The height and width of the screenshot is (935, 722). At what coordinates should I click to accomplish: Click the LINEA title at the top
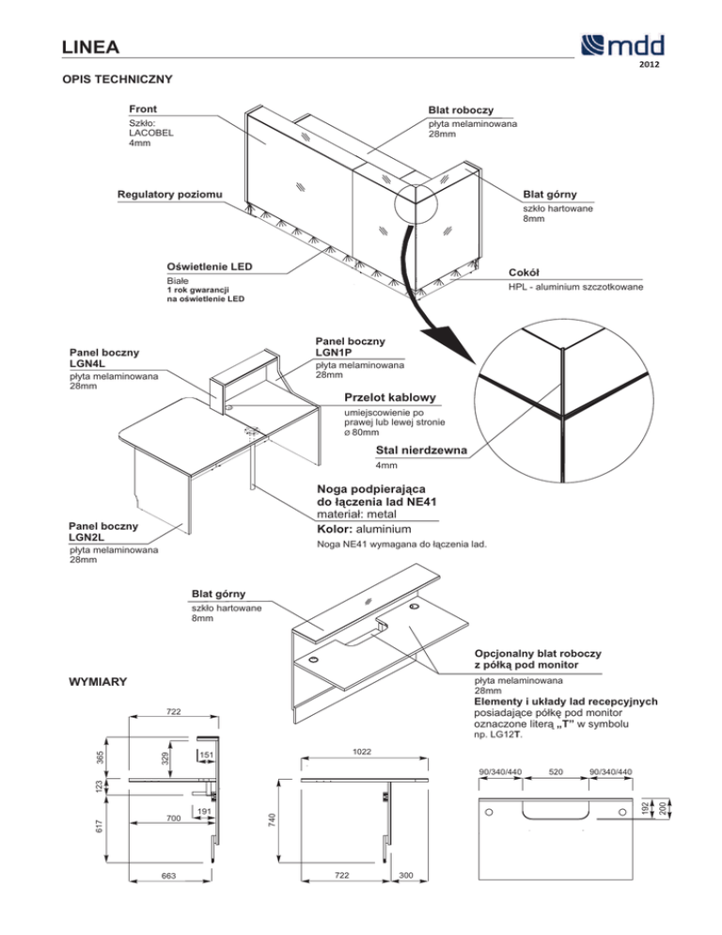click(87, 46)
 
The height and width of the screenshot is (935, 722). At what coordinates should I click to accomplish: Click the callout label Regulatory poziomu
click(170, 196)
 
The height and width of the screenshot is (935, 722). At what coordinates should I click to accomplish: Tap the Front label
click(144, 108)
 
